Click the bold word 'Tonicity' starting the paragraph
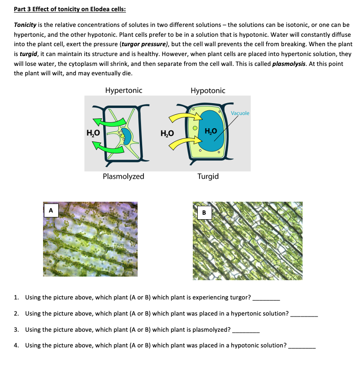click(26, 26)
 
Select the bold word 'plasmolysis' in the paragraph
click(290, 64)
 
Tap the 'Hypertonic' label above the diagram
click(123, 90)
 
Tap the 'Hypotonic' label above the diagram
click(208, 90)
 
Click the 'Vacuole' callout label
click(240, 113)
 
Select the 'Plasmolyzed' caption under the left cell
click(123, 176)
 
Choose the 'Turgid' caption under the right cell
click(208, 176)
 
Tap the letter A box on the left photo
click(51, 210)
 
